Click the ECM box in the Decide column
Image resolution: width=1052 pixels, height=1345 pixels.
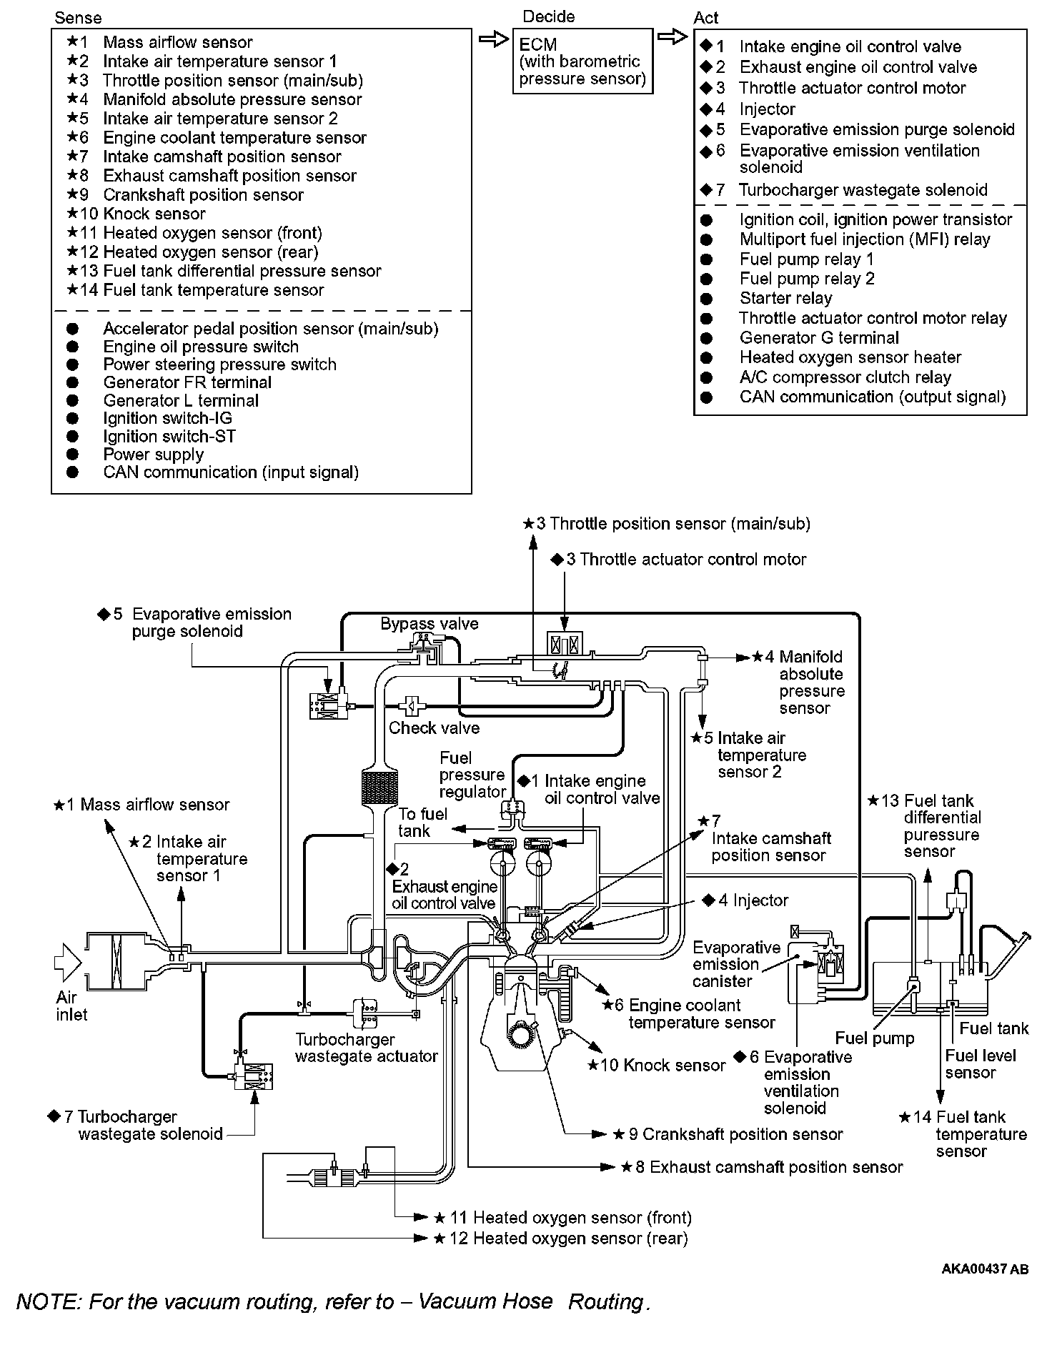tap(582, 61)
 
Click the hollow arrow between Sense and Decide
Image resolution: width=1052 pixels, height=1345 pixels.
tap(493, 40)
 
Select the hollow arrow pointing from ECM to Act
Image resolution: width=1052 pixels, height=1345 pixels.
tap(673, 37)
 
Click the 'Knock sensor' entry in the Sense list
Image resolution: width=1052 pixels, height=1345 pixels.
tap(154, 214)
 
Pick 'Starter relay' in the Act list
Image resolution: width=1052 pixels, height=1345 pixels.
tap(785, 298)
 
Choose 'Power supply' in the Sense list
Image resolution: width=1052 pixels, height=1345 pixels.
tap(153, 455)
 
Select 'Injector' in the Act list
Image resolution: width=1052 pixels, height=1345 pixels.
tap(767, 109)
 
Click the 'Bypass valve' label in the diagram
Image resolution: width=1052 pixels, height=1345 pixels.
tap(429, 623)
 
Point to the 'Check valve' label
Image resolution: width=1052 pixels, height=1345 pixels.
tap(434, 728)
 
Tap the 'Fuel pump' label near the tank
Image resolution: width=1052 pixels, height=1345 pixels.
tap(874, 1038)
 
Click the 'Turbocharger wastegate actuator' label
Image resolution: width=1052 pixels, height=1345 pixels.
tap(366, 1048)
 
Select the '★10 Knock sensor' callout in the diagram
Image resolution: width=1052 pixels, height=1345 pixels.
tap(656, 1066)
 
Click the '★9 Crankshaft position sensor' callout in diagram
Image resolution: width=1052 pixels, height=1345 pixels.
tap(728, 1134)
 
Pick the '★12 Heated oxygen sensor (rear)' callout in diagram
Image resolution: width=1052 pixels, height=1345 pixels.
tap(561, 1239)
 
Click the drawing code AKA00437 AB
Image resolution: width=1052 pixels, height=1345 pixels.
tap(985, 1269)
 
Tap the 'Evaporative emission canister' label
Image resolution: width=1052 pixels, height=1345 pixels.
tap(736, 964)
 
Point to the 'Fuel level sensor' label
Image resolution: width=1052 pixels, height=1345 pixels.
tap(980, 1064)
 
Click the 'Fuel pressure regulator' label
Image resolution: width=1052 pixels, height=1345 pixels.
tap(472, 775)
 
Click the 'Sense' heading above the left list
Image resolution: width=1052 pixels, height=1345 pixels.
tap(78, 18)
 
